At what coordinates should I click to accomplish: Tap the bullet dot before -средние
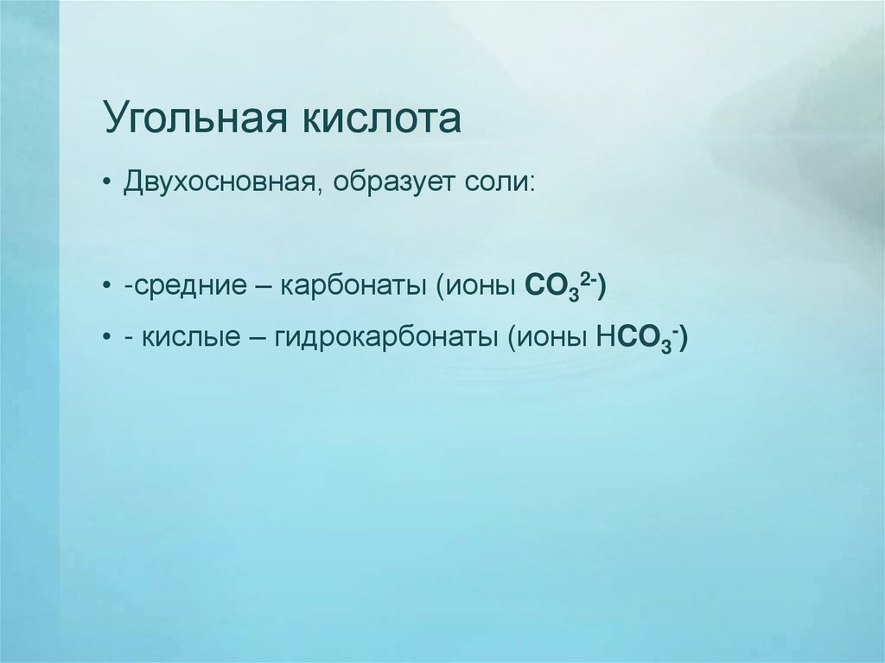click(x=105, y=286)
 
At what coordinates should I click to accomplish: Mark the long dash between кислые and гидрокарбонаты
click(x=258, y=338)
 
